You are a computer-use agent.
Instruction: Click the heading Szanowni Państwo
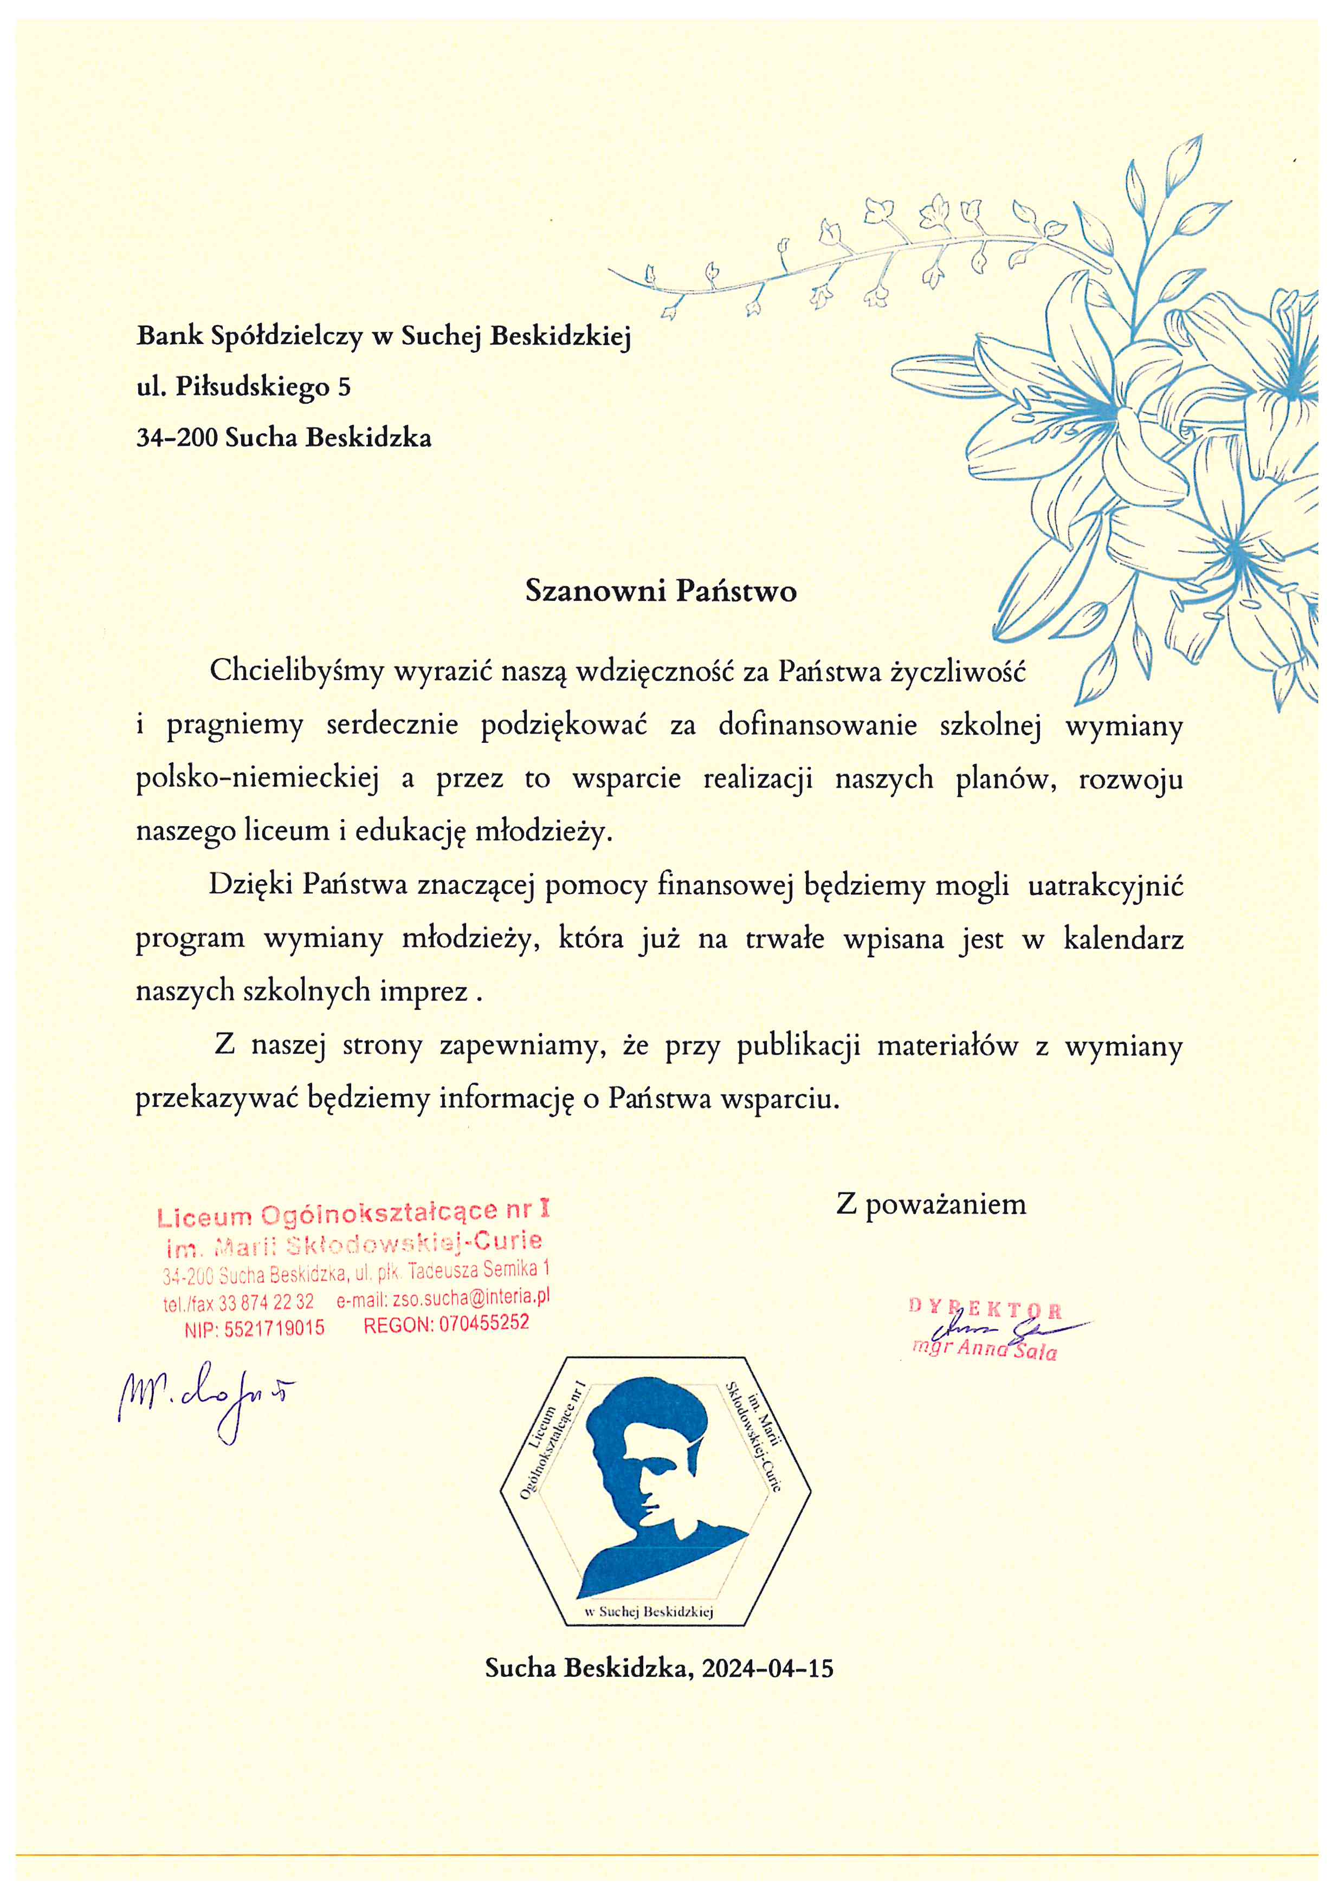[x=661, y=591]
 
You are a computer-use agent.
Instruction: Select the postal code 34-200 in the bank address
[x=176, y=438]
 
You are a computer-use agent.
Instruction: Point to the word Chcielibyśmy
[x=296, y=670]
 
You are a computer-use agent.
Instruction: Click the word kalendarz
[x=1123, y=939]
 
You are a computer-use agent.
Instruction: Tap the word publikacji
[x=798, y=1046]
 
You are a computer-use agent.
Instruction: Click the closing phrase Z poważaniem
[x=931, y=1204]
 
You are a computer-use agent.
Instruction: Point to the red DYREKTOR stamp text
[x=985, y=1309]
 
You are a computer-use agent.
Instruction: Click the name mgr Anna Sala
[x=985, y=1351]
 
